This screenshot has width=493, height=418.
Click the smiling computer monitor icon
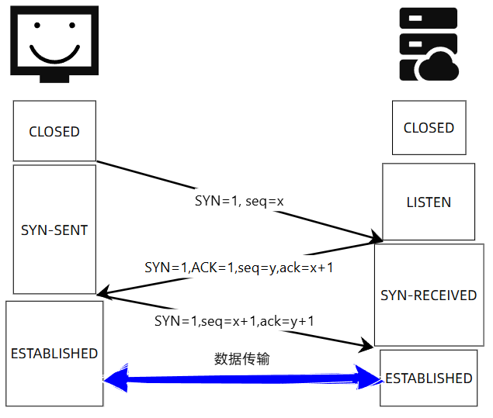[x=54, y=43]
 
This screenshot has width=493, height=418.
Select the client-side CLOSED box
[x=54, y=131]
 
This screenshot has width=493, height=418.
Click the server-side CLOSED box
[x=429, y=128]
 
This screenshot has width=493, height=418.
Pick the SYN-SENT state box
[x=54, y=230]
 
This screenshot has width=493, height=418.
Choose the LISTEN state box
[x=429, y=202]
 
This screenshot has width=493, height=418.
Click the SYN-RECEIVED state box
[x=429, y=295]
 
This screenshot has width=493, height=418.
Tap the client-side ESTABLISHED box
[x=54, y=354]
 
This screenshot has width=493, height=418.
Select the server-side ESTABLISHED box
[x=429, y=378]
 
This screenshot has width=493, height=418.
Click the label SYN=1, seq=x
[x=239, y=200]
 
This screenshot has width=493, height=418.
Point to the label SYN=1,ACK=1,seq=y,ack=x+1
[x=238, y=267]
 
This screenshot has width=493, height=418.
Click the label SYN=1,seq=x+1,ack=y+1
[x=234, y=320]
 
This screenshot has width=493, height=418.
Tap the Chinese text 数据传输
[x=242, y=359]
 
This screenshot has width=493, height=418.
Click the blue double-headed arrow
[x=243, y=379]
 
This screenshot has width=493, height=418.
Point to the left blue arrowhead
[x=114, y=379]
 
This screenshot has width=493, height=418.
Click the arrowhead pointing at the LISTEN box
[x=374, y=236]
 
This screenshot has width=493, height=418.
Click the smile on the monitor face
[x=54, y=55]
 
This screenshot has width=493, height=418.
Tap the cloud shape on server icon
[x=439, y=67]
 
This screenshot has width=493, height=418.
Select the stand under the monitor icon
[x=54, y=78]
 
